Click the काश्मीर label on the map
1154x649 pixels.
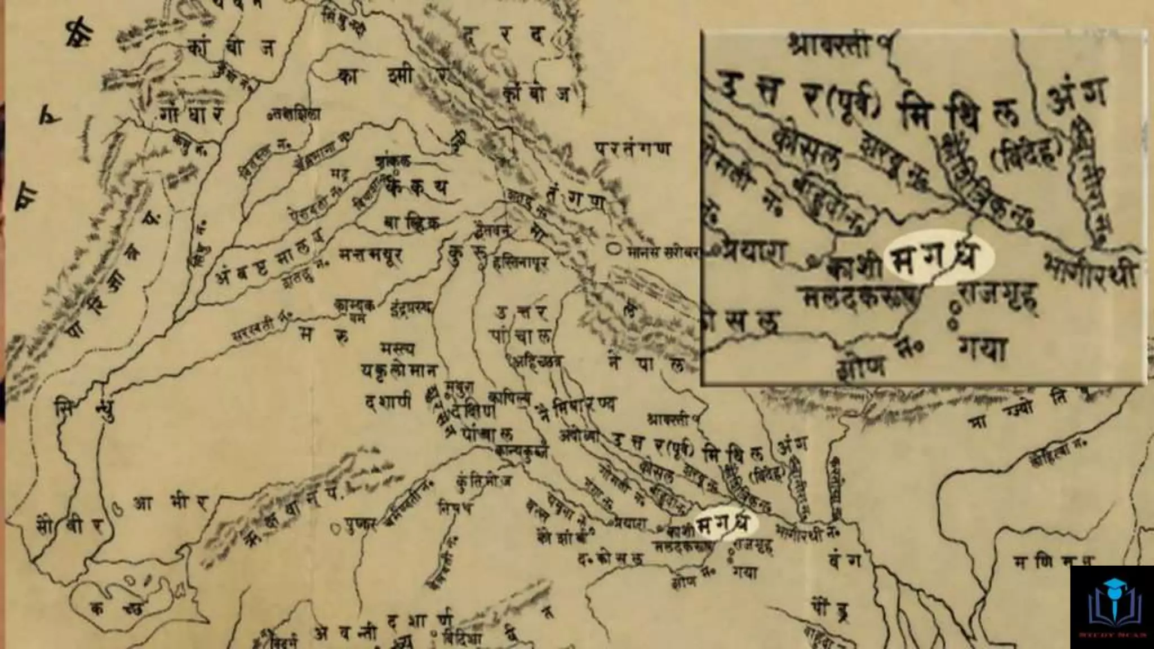394,76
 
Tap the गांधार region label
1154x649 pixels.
192,114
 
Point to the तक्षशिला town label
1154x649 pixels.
294,115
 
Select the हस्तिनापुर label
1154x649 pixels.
520,263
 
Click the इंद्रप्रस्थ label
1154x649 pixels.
410,308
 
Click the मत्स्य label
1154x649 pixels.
398,350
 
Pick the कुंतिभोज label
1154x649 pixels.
485,482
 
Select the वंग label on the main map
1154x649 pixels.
845,561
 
